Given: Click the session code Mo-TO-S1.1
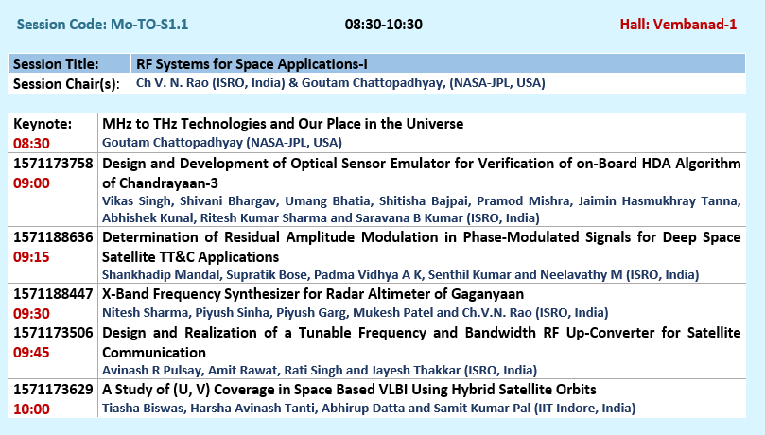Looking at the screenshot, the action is point(149,25).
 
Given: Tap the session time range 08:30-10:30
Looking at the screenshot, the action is point(384,25).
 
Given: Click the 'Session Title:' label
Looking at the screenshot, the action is point(56,64).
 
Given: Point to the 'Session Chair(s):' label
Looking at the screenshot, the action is point(66,84).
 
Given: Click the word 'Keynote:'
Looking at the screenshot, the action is point(43,124).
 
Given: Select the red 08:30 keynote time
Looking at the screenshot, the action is point(31,144).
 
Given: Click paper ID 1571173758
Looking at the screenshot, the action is point(53,164).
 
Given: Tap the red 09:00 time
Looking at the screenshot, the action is point(31,183).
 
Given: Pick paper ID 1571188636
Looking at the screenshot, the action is point(53,237).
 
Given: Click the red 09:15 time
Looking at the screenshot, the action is point(31,257).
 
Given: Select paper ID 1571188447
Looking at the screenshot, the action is point(53,294).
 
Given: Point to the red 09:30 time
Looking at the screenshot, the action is point(31,314).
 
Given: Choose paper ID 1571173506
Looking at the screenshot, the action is point(53,333).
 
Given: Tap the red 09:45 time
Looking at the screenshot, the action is point(31,353).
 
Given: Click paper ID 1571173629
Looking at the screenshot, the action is point(53,390).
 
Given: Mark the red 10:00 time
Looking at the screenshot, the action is point(31,409).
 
